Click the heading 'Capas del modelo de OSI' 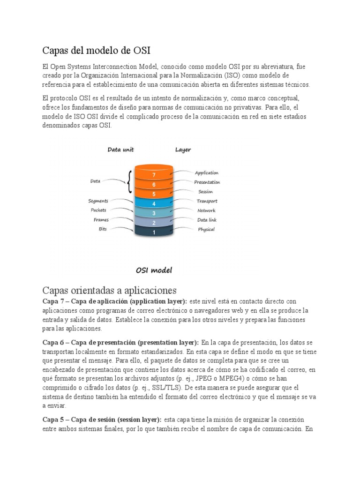97,50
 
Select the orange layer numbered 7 154,174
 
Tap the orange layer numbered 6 154,184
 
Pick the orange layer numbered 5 154,194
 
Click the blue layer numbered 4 154,204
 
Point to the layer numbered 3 154,213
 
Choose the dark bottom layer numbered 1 154,232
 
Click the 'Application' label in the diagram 206,173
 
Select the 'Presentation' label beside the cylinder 207,182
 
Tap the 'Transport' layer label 207,201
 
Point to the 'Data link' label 206,220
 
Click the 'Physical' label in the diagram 206,229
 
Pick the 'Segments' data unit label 98,201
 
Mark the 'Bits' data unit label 102,229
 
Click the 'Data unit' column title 120,150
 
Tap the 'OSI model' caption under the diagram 154,270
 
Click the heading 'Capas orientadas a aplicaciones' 109,290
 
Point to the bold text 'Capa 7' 52,301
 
